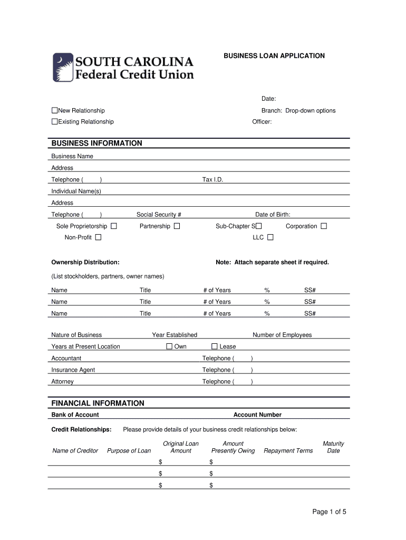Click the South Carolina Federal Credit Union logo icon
[x=62, y=67]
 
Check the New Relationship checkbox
[x=54, y=111]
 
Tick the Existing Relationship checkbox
[x=54, y=122]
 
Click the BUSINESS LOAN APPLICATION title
[x=274, y=55]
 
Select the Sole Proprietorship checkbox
[x=113, y=226]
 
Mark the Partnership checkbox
[x=177, y=226]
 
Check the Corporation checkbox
[x=324, y=226]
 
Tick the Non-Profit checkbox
[x=98, y=237]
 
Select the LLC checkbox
[x=270, y=237]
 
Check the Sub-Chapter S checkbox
[x=258, y=226]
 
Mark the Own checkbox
[x=169, y=346]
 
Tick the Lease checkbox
[x=215, y=346]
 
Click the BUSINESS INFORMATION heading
[x=96, y=143]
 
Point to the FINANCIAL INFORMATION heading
[x=98, y=403]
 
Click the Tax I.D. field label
[x=213, y=180]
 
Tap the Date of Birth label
[x=273, y=215]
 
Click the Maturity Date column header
[x=333, y=447]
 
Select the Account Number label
[x=257, y=415]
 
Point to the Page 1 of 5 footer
[x=329, y=512]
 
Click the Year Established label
[x=175, y=335]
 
